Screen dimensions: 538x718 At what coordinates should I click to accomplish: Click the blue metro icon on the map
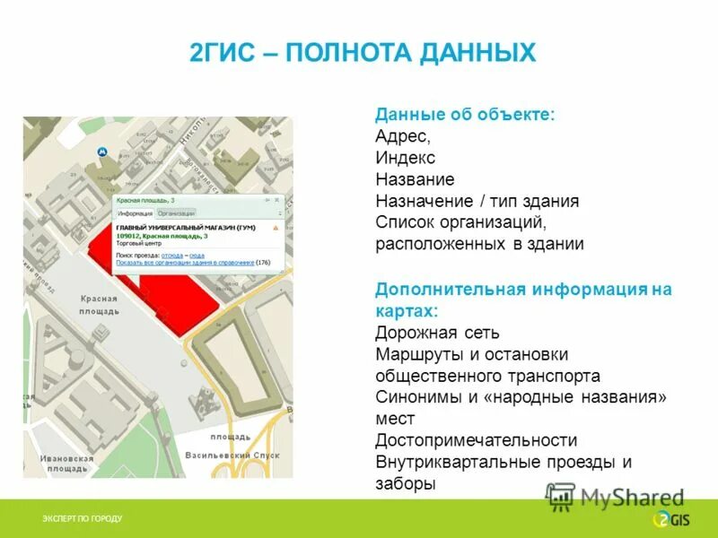click(x=101, y=152)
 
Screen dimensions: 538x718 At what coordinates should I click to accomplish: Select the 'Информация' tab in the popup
click(x=135, y=213)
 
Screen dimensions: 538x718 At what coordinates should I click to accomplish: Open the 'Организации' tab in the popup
click(x=176, y=213)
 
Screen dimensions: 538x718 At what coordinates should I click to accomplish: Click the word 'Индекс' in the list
click(x=405, y=158)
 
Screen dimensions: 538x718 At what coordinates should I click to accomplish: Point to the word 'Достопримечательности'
click(x=476, y=440)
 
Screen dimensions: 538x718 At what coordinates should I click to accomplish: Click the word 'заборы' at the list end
click(x=406, y=484)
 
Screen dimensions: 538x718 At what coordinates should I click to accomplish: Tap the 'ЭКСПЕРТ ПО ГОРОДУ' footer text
click(x=83, y=519)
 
